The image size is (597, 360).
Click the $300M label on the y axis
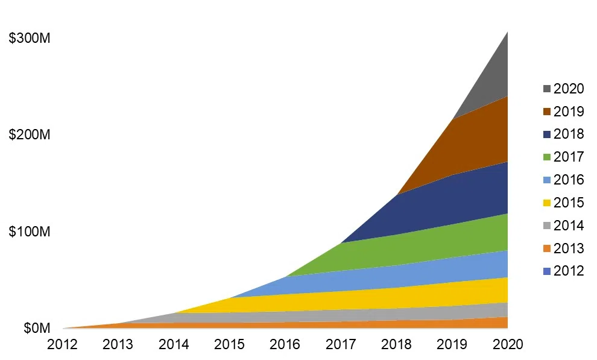(30, 39)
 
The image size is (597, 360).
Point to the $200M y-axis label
(30, 134)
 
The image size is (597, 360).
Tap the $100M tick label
(30, 232)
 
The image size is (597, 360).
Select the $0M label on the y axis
(37, 328)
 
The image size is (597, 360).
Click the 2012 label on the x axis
(62, 344)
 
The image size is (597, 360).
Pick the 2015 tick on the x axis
(229, 344)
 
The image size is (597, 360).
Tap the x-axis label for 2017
(341, 344)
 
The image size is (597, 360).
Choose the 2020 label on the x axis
(508, 344)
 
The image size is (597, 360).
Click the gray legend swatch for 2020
(547, 89)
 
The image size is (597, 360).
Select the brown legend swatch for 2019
(547, 112)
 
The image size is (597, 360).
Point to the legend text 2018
(569, 134)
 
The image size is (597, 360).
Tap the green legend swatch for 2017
(547, 157)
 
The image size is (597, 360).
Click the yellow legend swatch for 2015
(547, 203)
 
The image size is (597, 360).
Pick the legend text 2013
(569, 248)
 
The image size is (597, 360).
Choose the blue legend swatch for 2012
(547, 271)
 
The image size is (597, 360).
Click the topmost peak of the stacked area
(508, 33)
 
